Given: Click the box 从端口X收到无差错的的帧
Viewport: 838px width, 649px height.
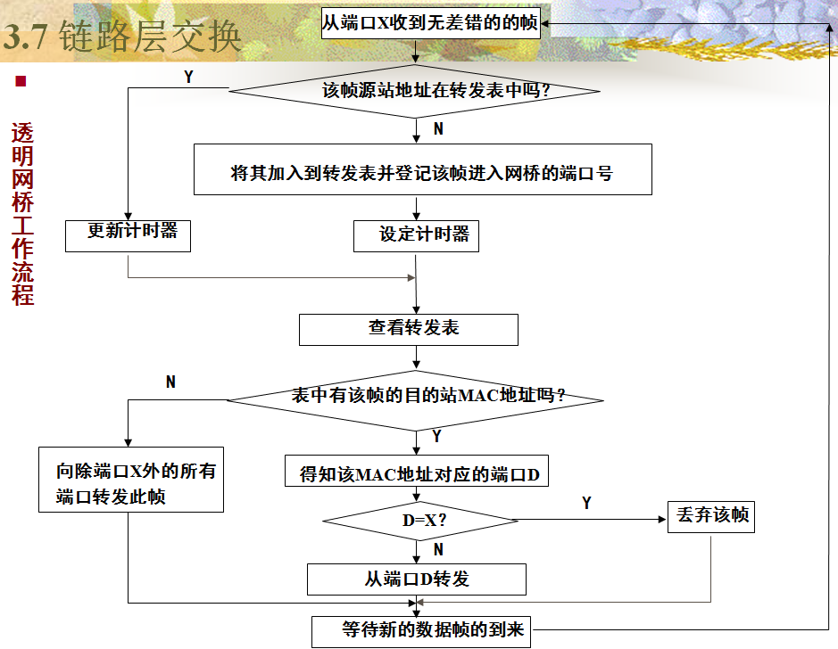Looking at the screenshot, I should pyautogui.click(x=430, y=21).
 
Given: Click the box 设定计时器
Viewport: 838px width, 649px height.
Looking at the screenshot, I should pyautogui.click(x=417, y=235).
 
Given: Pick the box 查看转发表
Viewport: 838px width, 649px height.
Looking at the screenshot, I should pyautogui.click(x=409, y=329).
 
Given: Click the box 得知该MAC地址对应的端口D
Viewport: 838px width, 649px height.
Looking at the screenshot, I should pyautogui.click(x=417, y=472).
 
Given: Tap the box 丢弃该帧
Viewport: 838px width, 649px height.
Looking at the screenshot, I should pyautogui.click(x=711, y=517).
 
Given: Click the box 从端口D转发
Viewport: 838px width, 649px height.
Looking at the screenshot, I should pyautogui.click(x=417, y=579).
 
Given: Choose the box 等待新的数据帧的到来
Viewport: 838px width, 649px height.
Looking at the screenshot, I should pyautogui.click(x=421, y=631).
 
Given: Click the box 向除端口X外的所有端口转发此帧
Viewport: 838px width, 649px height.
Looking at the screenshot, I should pyautogui.click(x=131, y=485).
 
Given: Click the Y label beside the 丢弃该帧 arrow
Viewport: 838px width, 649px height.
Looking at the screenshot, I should pyautogui.click(x=586, y=504).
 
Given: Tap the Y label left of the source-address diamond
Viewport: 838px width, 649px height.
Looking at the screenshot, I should pyautogui.click(x=188, y=77).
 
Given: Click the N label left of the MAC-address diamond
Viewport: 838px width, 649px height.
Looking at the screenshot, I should pyautogui.click(x=170, y=382).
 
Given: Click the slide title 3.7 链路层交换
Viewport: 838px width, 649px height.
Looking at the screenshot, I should pyautogui.click(x=122, y=37).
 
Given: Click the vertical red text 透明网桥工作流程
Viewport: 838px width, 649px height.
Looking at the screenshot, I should pyautogui.click(x=23, y=214).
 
